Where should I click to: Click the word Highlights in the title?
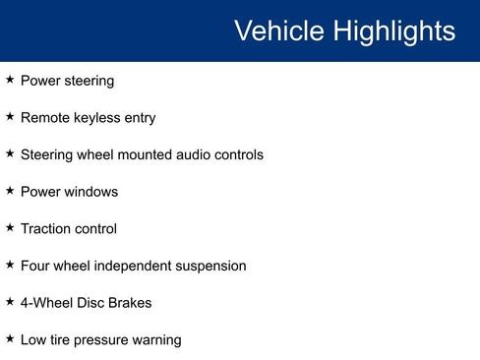point(394,31)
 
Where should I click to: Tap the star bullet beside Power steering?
point(10,80)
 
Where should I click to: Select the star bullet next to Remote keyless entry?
point(10,116)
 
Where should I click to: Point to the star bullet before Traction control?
point(10,227)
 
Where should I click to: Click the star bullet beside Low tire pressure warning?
point(10,338)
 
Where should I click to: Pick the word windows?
point(91,192)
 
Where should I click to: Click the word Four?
point(35,266)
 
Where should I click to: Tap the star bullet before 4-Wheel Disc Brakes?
point(10,301)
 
